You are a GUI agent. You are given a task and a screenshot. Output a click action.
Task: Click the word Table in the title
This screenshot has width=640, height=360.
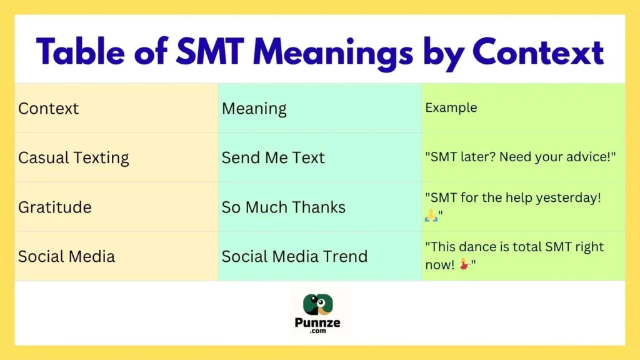84,52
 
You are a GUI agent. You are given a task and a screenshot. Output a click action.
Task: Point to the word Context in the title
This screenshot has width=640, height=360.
537,52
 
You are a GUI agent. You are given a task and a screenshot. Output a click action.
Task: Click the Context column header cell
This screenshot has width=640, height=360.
49,108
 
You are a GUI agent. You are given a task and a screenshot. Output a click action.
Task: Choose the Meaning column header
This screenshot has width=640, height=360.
254,108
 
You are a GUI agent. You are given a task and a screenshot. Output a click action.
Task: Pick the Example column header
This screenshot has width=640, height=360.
451,107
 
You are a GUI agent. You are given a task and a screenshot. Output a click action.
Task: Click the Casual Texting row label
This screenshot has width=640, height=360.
74,157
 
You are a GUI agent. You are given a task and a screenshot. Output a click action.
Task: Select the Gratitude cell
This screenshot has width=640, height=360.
55,207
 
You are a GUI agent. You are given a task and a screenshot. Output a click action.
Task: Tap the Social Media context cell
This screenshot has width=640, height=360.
66,256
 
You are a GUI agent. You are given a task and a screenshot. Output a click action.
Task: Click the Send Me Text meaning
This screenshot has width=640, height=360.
273,157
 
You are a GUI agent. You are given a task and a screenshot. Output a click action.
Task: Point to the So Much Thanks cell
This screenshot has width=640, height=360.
283,207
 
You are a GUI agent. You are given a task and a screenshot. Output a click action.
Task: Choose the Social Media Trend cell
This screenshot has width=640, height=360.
294,256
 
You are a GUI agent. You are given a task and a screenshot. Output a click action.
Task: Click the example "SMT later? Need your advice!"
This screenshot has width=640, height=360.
520,157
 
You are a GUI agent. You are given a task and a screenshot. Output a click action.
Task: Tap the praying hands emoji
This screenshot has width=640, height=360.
431,216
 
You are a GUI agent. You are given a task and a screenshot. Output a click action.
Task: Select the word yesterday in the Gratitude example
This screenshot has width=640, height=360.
569,197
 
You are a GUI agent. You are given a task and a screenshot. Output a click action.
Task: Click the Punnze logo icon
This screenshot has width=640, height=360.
319,304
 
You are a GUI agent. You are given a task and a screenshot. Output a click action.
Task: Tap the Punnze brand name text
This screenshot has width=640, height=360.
319,322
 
